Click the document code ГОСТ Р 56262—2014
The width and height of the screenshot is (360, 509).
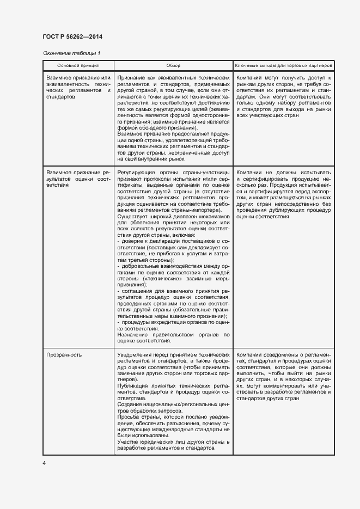coord(72,36)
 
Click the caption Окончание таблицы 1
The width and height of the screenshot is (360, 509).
coord(71,53)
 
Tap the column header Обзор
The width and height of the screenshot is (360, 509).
coord(173,65)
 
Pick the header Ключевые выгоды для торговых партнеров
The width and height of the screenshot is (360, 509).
coord(283,65)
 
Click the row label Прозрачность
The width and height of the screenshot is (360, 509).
coord(64,355)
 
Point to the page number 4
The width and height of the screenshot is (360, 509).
coord(44,463)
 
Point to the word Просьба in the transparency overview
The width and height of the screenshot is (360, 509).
coord(128,416)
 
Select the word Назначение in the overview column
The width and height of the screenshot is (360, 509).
coord(132,334)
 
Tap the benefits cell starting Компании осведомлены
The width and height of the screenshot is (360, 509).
coord(283,376)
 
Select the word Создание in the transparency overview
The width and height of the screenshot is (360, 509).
coord(130,404)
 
